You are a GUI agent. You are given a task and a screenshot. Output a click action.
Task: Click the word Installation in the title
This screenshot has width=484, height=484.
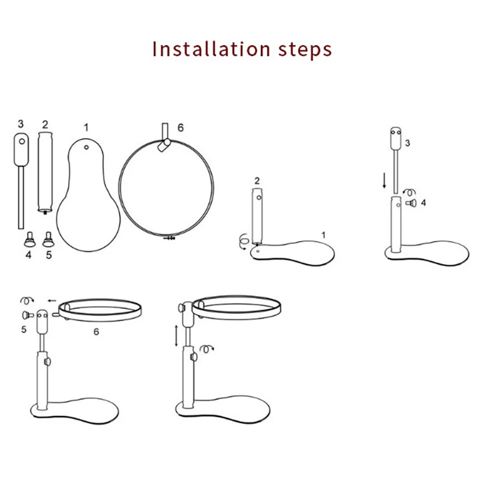click(211, 49)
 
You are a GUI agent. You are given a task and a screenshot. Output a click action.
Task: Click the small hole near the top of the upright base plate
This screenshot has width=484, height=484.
click(87, 147)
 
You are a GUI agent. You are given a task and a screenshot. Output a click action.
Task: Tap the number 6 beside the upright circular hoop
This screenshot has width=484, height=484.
click(180, 128)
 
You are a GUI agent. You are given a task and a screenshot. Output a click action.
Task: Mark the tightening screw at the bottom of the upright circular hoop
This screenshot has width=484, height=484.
click(169, 238)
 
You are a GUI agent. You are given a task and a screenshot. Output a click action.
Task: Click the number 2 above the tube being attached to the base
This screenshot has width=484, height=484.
click(257, 181)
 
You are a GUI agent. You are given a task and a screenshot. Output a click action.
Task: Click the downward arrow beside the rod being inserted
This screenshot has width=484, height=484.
click(384, 181)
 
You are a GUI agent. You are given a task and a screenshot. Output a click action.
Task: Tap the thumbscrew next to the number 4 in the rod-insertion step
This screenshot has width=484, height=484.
click(412, 203)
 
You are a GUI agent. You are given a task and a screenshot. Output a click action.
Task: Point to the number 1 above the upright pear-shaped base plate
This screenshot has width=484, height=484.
click(86, 128)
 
